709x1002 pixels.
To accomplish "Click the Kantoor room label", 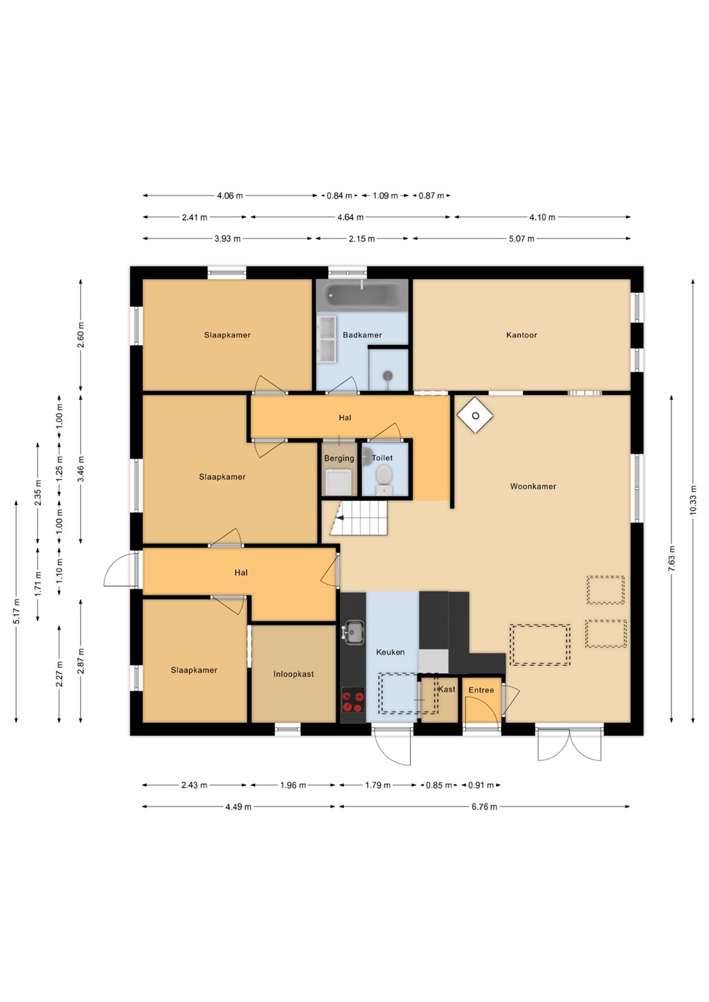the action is point(522,335).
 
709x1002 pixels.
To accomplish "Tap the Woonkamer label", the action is point(533,486).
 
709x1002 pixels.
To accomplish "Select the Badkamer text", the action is point(362,335).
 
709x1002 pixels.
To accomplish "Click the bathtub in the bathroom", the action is point(362,294).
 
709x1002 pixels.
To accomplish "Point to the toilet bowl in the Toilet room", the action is point(384,477).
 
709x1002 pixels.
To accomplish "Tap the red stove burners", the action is point(353,701).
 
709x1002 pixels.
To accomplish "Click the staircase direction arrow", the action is point(341,518).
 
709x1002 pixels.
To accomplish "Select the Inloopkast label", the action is point(294,674).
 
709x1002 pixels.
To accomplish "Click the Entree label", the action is point(481,690).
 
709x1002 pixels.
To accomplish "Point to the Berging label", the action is point(339,459).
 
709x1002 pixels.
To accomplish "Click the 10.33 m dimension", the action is point(693,500).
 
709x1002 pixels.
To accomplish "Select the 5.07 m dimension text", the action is point(522,239).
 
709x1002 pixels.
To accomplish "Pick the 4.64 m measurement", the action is point(350,217).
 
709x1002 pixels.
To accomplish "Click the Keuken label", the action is point(390,652).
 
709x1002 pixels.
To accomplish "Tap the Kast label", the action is point(446,690).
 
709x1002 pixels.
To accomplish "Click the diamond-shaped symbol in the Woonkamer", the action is point(475,415).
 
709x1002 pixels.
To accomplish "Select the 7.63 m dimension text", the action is point(671,559).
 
